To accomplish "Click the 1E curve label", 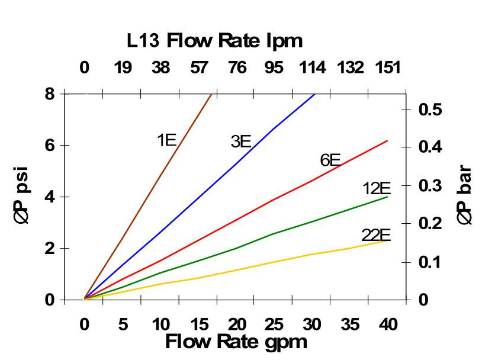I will click(x=167, y=140).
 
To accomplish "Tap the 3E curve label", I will click(x=241, y=142).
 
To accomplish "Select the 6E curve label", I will click(x=330, y=160).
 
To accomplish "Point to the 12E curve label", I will click(x=377, y=189).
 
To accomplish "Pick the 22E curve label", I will click(x=376, y=235).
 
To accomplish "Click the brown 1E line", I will click(x=148, y=197).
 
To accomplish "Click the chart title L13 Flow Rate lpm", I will click(x=215, y=40).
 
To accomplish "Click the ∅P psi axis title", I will click(x=21, y=196).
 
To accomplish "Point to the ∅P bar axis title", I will click(x=465, y=195).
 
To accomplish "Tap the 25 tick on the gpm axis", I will click(x=274, y=324).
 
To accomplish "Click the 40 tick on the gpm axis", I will click(x=388, y=324).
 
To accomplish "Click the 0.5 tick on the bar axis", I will click(x=430, y=110).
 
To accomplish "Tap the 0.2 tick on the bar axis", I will click(x=430, y=224).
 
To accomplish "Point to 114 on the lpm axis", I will click(x=311, y=67).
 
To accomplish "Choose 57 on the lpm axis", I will click(x=198, y=67).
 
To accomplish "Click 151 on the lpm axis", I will click(x=388, y=67).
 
